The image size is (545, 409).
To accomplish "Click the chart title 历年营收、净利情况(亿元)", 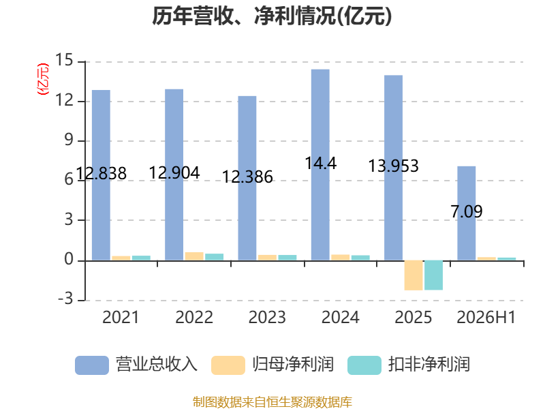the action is click(x=272, y=16).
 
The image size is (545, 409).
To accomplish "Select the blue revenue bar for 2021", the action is click(x=101, y=175).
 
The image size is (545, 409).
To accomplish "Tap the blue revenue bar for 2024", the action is click(x=320, y=165).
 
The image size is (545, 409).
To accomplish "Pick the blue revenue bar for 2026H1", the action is click(x=467, y=213).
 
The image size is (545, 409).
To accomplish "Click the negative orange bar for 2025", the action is click(x=414, y=275).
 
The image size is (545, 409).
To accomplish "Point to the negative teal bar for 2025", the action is click(x=433, y=275).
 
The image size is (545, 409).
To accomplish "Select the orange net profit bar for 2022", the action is click(x=194, y=256).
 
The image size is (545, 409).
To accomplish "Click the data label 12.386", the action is click(x=247, y=177).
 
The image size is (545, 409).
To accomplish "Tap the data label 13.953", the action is click(x=394, y=166).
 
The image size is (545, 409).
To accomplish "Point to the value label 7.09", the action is click(x=467, y=211).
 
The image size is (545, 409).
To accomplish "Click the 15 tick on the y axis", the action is click(x=64, y=61).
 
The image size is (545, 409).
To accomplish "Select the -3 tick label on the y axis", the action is click(x=65, y=299).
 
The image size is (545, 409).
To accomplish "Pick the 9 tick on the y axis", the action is click(x=69, y=140).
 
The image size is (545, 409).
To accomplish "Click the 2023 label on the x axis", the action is click(x=267, y=317).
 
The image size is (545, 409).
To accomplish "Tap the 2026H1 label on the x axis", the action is click(x=486, y=317).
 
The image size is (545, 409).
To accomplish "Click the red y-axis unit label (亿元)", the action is click(x=43, y=79).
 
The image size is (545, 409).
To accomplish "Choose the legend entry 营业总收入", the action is click(x=136, y=365).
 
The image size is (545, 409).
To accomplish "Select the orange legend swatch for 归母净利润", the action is click(x=228, y=365).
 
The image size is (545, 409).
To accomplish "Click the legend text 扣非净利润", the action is click(x=429, y=365).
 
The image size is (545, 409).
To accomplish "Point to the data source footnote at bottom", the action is click(x=272, y=402).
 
